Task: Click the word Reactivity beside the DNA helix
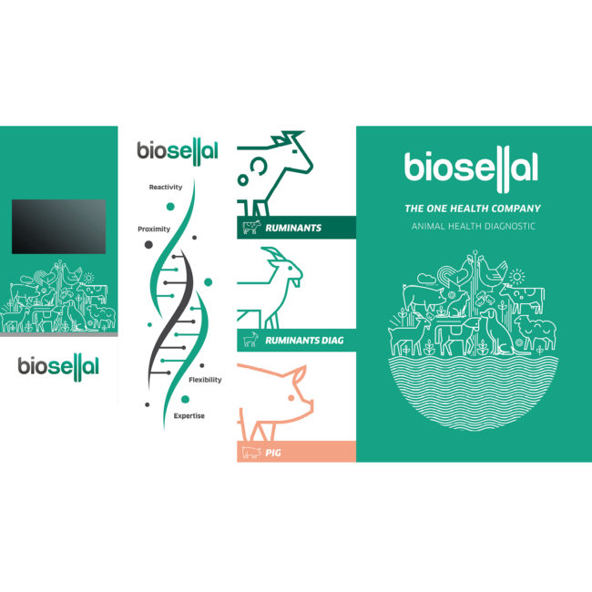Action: pos(166,187)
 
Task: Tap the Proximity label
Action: pos(154,230)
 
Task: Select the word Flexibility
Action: pos(205,380)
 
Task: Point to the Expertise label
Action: pos(189,415)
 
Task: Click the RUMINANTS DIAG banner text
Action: pos(304,341)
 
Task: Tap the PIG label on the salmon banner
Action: pos(273,453)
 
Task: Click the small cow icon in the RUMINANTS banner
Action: pos(251,228)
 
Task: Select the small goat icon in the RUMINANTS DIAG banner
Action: pos(250,340)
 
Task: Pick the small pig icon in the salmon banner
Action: pos(251,453)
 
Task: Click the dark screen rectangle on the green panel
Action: pos(58,227)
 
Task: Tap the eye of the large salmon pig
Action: pos(291,398)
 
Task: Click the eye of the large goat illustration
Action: pos(290,268)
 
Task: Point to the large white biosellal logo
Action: pos(471,169)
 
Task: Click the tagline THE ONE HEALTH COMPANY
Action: pos(473,209)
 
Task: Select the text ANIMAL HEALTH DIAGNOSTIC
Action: pos(474,226)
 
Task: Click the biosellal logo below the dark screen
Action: pos(58,367)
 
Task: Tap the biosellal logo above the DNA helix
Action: pos(178,151)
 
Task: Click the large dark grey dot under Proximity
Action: pos(148,245)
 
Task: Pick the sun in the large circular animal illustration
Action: pos(517,277)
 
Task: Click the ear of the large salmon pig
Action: pos(300,374)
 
